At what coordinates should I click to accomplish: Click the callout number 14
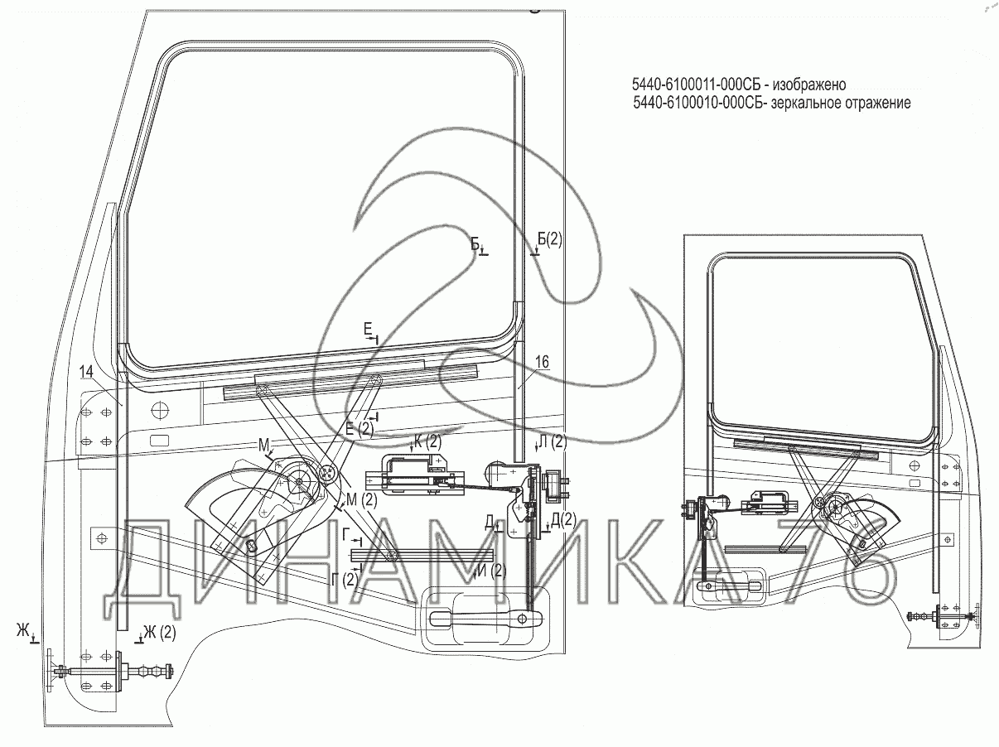point(86,372)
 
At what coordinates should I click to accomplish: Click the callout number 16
point(542,362)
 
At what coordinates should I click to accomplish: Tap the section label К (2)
point(427,441)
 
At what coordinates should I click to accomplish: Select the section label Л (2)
point(553,441)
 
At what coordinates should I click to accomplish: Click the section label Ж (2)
point(160,633)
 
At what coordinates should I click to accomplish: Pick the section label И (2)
point(492,571)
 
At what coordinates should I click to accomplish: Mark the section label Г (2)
point(345,580)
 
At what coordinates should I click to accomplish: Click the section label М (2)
point(362,500)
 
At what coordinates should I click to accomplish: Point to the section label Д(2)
point(563,519)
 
